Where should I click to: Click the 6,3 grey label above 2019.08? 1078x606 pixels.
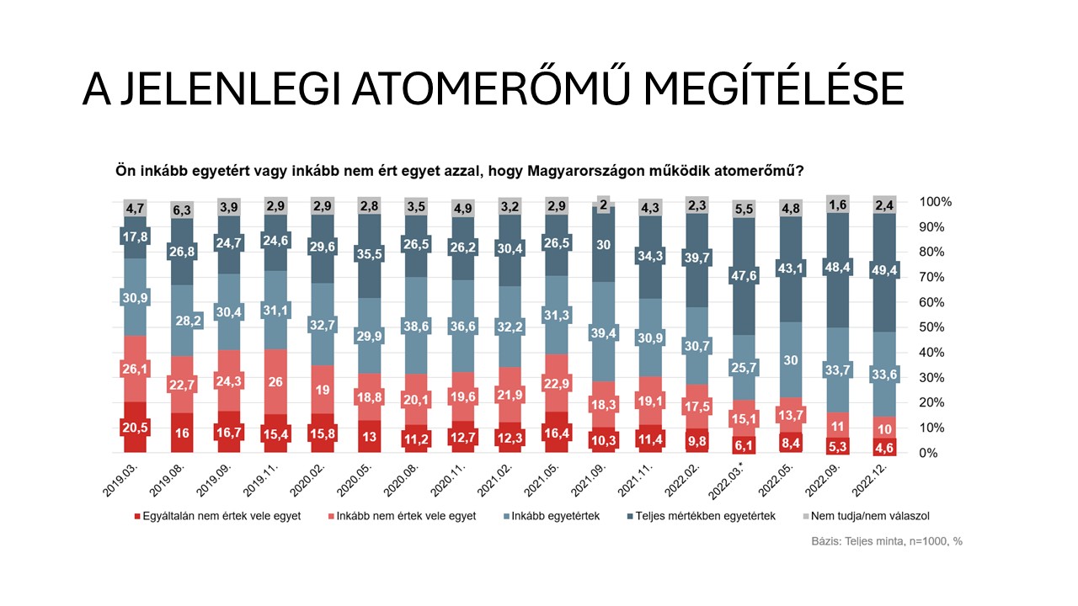tap(183, 208)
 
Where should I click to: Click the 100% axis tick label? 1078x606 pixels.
tap(936, 202)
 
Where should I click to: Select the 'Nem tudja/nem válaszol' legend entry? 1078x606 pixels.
tap(864, 516)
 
